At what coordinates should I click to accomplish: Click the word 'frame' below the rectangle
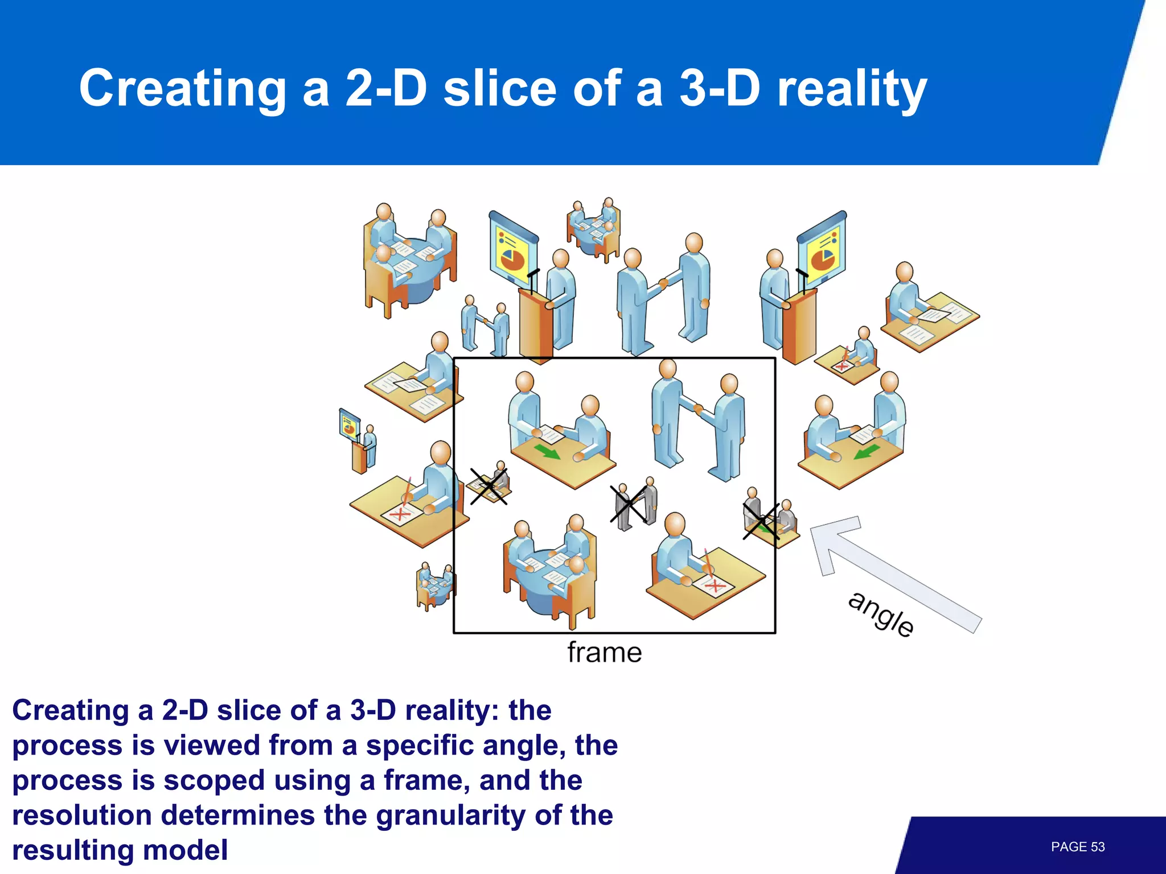pos(604,653)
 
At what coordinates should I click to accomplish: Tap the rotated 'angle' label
pos(881,615)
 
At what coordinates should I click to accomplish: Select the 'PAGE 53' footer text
pos(1077,847)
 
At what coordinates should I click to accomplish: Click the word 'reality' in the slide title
pos(852,89)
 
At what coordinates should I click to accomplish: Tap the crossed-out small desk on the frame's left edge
pos(488,485)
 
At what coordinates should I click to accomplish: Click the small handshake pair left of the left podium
pos(485,327)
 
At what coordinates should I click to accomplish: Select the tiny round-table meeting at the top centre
pos(593,229)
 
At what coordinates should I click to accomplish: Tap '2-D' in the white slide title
pos(385,89)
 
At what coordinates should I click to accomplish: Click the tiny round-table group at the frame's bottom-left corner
pos(435,584)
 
